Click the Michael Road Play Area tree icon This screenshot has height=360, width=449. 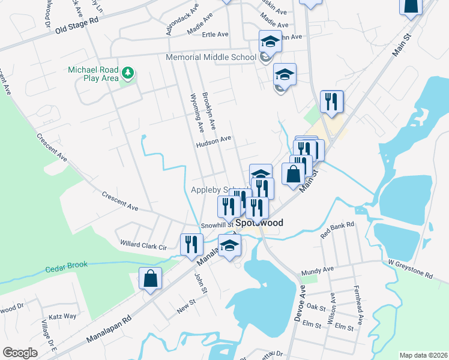127,73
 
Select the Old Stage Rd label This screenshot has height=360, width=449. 76,25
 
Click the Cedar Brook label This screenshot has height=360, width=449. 67,265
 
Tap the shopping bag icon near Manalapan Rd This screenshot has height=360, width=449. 150,278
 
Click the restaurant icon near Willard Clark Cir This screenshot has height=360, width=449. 191,244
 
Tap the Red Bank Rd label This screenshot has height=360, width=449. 338,230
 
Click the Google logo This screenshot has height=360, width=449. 20,353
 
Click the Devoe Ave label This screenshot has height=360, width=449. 301,307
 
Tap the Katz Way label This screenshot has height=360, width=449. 62,316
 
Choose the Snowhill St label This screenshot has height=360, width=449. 217,226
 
